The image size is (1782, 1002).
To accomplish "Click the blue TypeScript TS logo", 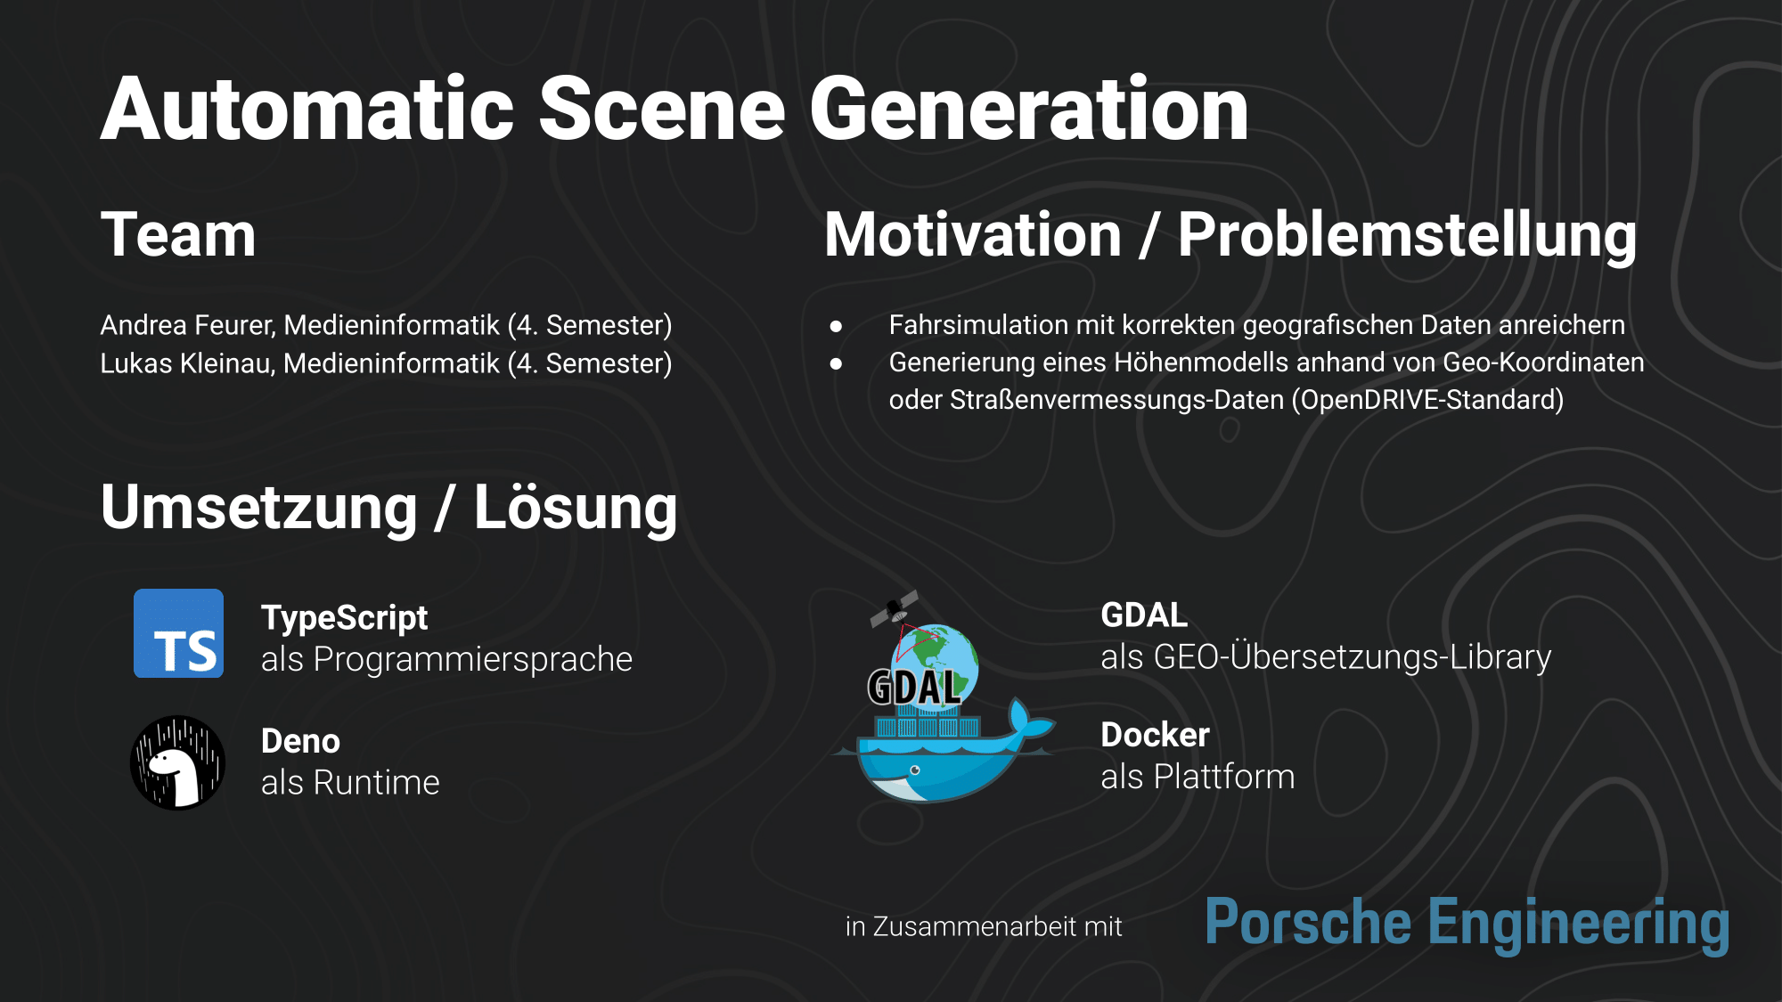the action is point(178,633).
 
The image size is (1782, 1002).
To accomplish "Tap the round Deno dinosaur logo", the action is point(177,762).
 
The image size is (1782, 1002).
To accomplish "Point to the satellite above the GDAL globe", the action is point(895,609).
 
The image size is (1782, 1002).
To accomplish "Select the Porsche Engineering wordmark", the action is point(1467,925).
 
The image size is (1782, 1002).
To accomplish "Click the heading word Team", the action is point(178,235).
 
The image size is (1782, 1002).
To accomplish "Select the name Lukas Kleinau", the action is point(185,363).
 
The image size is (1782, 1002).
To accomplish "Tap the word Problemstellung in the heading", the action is point(1407,237).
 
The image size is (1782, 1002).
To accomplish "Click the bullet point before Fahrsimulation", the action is point(836,326).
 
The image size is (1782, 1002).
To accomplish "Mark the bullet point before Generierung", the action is point(836,363).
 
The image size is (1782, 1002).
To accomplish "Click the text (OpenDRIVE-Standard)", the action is point(1428,400).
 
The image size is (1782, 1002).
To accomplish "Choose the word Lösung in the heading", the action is point(576,508).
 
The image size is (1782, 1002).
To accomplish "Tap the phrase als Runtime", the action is point(350,783).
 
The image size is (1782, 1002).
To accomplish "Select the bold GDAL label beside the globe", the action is point(1144,615).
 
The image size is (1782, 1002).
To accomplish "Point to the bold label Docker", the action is point(1155,736).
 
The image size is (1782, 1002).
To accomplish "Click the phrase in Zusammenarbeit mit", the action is point(984,927).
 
